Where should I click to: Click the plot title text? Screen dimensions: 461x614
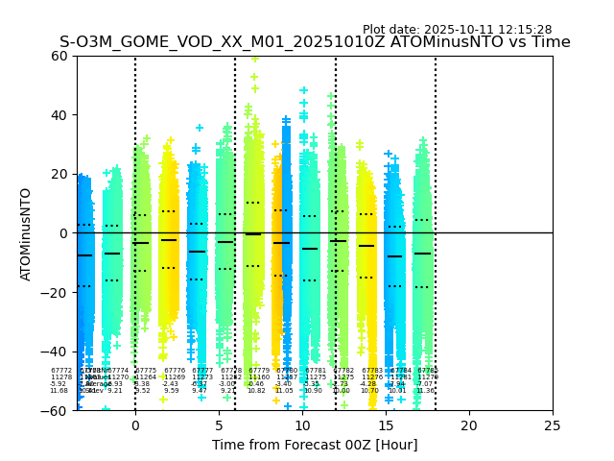click(x=315, y=42)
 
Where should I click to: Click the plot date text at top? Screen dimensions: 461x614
click(x=457, y=30)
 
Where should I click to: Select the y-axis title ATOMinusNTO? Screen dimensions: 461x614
click(x=26, y=233)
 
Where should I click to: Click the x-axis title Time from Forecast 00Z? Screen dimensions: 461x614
click(x=315, y=445)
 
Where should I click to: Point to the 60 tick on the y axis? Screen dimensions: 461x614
click(x=59, y=56)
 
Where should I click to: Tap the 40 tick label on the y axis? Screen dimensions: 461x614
click(x=59, y=115)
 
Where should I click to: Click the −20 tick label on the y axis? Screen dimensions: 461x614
click(x=56, y=293)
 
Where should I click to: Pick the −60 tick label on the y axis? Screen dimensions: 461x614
click(x=56, y=411)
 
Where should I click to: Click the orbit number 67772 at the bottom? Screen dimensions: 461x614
click(x=61, y=370)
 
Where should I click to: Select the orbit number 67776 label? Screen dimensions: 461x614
click(x=175, y=370)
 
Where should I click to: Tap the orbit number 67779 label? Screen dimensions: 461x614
click(x=259, y=370)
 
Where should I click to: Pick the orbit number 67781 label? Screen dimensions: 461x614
click(x=316, y=370)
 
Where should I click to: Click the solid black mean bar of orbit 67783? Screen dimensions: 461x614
click(x=366, y=246)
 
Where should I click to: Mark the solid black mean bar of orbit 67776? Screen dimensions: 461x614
click(x=169, y=240)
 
